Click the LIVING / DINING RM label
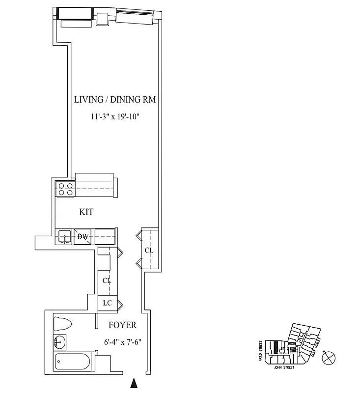pos(115,100)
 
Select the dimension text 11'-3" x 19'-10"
pos(115,117)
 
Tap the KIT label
pos(86,212)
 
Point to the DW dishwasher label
pos(83,237)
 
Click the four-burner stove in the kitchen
pos(65,189)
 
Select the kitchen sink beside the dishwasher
pos(64,237)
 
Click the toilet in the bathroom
pos(62,324)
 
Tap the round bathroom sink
pos(60,342)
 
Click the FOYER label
pos(122,325)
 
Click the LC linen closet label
pos(107,303)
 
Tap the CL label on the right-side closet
pos(149,251)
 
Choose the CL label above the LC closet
pos(107,281)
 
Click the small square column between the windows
pos(102,18)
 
